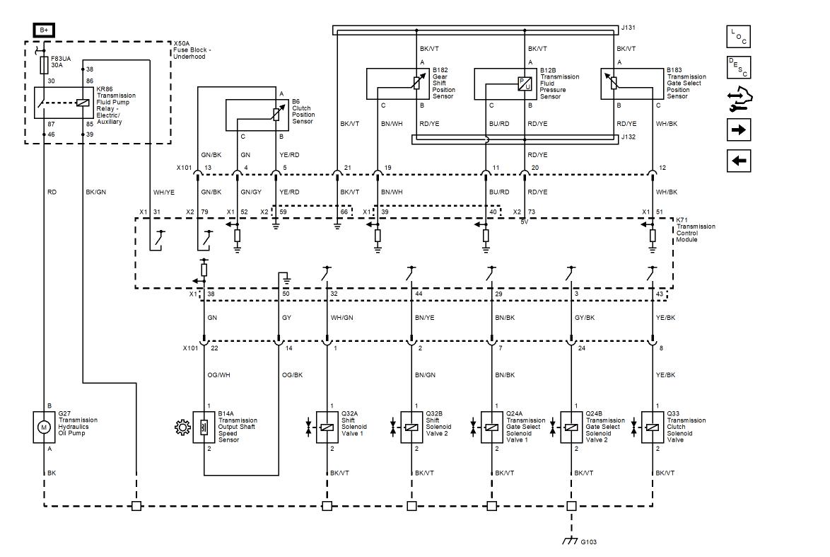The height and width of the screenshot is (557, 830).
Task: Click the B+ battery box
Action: (x=44, y=30)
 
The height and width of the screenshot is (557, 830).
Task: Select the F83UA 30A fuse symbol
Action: (x=44, y=64)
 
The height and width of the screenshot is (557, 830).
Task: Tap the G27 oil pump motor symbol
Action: (x=44, y=427)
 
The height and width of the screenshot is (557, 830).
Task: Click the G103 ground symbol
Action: (x=571, y=541)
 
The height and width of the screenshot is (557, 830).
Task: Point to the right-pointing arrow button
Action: (x=738, y=130)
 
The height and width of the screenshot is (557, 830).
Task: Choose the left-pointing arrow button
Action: (x=738, y=160)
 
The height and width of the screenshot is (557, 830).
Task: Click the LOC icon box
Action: (x=738, y=37)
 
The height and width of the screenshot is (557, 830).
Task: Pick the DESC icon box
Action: (x=738, y=67)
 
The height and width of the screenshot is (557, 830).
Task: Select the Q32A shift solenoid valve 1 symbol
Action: (x=327, y=427)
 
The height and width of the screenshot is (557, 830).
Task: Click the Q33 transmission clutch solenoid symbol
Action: (x=652, y=427)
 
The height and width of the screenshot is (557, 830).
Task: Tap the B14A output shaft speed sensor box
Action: (x=204, y=427)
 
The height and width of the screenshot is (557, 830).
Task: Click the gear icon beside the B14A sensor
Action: (x=182, y=427)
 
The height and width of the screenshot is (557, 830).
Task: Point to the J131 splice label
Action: (x=629, y=28)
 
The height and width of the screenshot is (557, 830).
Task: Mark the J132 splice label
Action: (x=629, y=137)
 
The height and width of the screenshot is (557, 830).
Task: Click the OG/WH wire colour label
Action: (x=218, y=374)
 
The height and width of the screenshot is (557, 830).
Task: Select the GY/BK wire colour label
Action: (x=585, y=318)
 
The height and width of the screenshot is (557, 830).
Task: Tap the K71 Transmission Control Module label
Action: (x=696, y=229)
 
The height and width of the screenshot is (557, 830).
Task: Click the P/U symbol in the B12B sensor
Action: (x=525, y=84)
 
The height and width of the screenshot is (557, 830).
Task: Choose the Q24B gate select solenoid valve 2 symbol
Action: (x=571, y=427)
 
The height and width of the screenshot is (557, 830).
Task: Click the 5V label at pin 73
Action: (x=524, y=222)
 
